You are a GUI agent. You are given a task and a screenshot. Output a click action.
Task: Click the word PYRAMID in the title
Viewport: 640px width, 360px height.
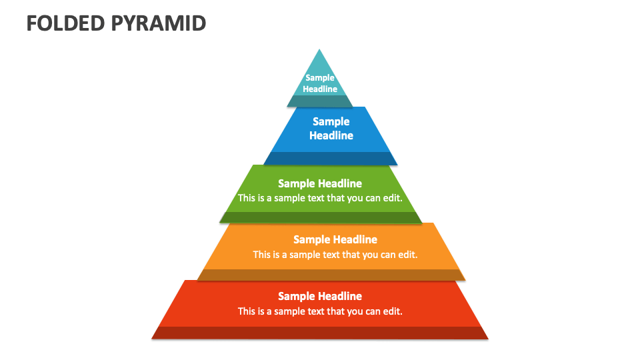(x=158, y=23)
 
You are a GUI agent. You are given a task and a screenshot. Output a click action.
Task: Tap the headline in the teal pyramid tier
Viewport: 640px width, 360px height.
(x=320, y=83)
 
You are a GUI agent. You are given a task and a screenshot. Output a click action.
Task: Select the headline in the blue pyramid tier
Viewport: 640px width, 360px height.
(x=331, y=129)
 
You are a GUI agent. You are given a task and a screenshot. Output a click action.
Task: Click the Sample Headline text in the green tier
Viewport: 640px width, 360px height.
(x=320, y=183)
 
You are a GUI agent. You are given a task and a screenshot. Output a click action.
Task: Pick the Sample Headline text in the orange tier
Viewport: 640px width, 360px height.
(x=335, y=239)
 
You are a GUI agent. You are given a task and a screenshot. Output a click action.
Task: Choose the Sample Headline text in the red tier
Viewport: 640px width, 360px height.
(x=320, y=296)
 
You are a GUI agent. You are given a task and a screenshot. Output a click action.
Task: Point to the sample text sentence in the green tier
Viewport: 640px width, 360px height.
(x=320, y=198)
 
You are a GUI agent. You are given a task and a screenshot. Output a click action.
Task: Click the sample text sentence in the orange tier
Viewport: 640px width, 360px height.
(x=335, y=254)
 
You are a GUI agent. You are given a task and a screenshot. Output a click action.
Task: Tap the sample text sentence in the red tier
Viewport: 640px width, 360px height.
(x=320, y=311)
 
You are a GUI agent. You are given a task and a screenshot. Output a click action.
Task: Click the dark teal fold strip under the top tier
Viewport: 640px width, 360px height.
(x=320, y=101)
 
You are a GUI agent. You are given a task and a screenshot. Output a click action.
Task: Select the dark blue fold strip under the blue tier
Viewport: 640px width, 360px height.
(x=331, y=159)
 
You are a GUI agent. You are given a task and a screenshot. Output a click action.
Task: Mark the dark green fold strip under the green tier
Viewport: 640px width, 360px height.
(x=321, y=217)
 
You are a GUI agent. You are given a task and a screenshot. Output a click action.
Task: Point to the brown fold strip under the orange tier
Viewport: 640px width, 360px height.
(x=331, y=275)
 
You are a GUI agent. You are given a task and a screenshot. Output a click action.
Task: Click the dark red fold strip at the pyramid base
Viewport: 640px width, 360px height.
(x=320, y=333)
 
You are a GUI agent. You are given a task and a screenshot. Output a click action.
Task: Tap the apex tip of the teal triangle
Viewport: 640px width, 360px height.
(x=320, y=51)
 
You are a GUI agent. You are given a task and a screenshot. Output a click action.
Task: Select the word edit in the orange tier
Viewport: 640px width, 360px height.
(x=407, y=254)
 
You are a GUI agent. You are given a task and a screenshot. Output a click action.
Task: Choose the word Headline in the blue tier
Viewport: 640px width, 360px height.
(x=331, y=135)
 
